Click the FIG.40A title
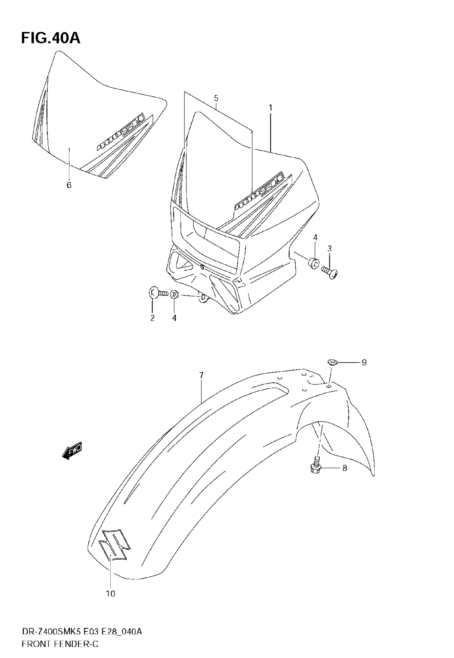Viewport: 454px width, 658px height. click(51, 38)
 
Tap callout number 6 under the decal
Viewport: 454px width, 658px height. click(69, 185)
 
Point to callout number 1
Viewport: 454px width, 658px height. click(270, 108)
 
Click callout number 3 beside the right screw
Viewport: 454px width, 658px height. click(329, 249)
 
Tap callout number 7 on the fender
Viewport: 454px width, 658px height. click(201, 376)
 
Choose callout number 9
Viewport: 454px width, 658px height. click(364, 362)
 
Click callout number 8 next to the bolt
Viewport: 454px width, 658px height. click(345, 468)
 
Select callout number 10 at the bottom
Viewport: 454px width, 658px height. click(110, 594)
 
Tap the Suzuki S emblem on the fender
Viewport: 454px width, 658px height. click(114, 544)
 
